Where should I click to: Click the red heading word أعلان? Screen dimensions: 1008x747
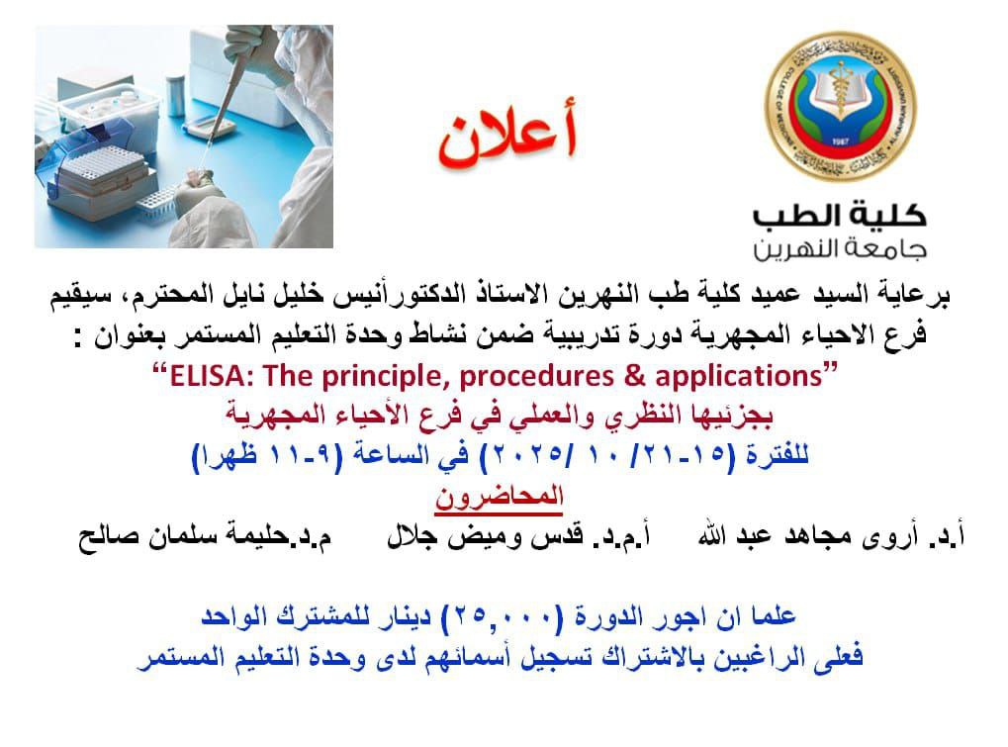point(507,134)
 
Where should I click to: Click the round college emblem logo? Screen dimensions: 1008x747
point(840,107)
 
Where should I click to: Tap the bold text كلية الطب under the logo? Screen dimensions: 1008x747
point(840,215)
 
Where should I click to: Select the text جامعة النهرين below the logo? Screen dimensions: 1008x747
point(840,248)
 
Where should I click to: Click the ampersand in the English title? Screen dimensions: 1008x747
point(634,376)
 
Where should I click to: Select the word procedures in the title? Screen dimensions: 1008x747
point(537,377)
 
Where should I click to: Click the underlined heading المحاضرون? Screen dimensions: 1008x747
point(499,498)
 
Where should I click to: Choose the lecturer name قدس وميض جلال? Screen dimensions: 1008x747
point(486,535)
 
